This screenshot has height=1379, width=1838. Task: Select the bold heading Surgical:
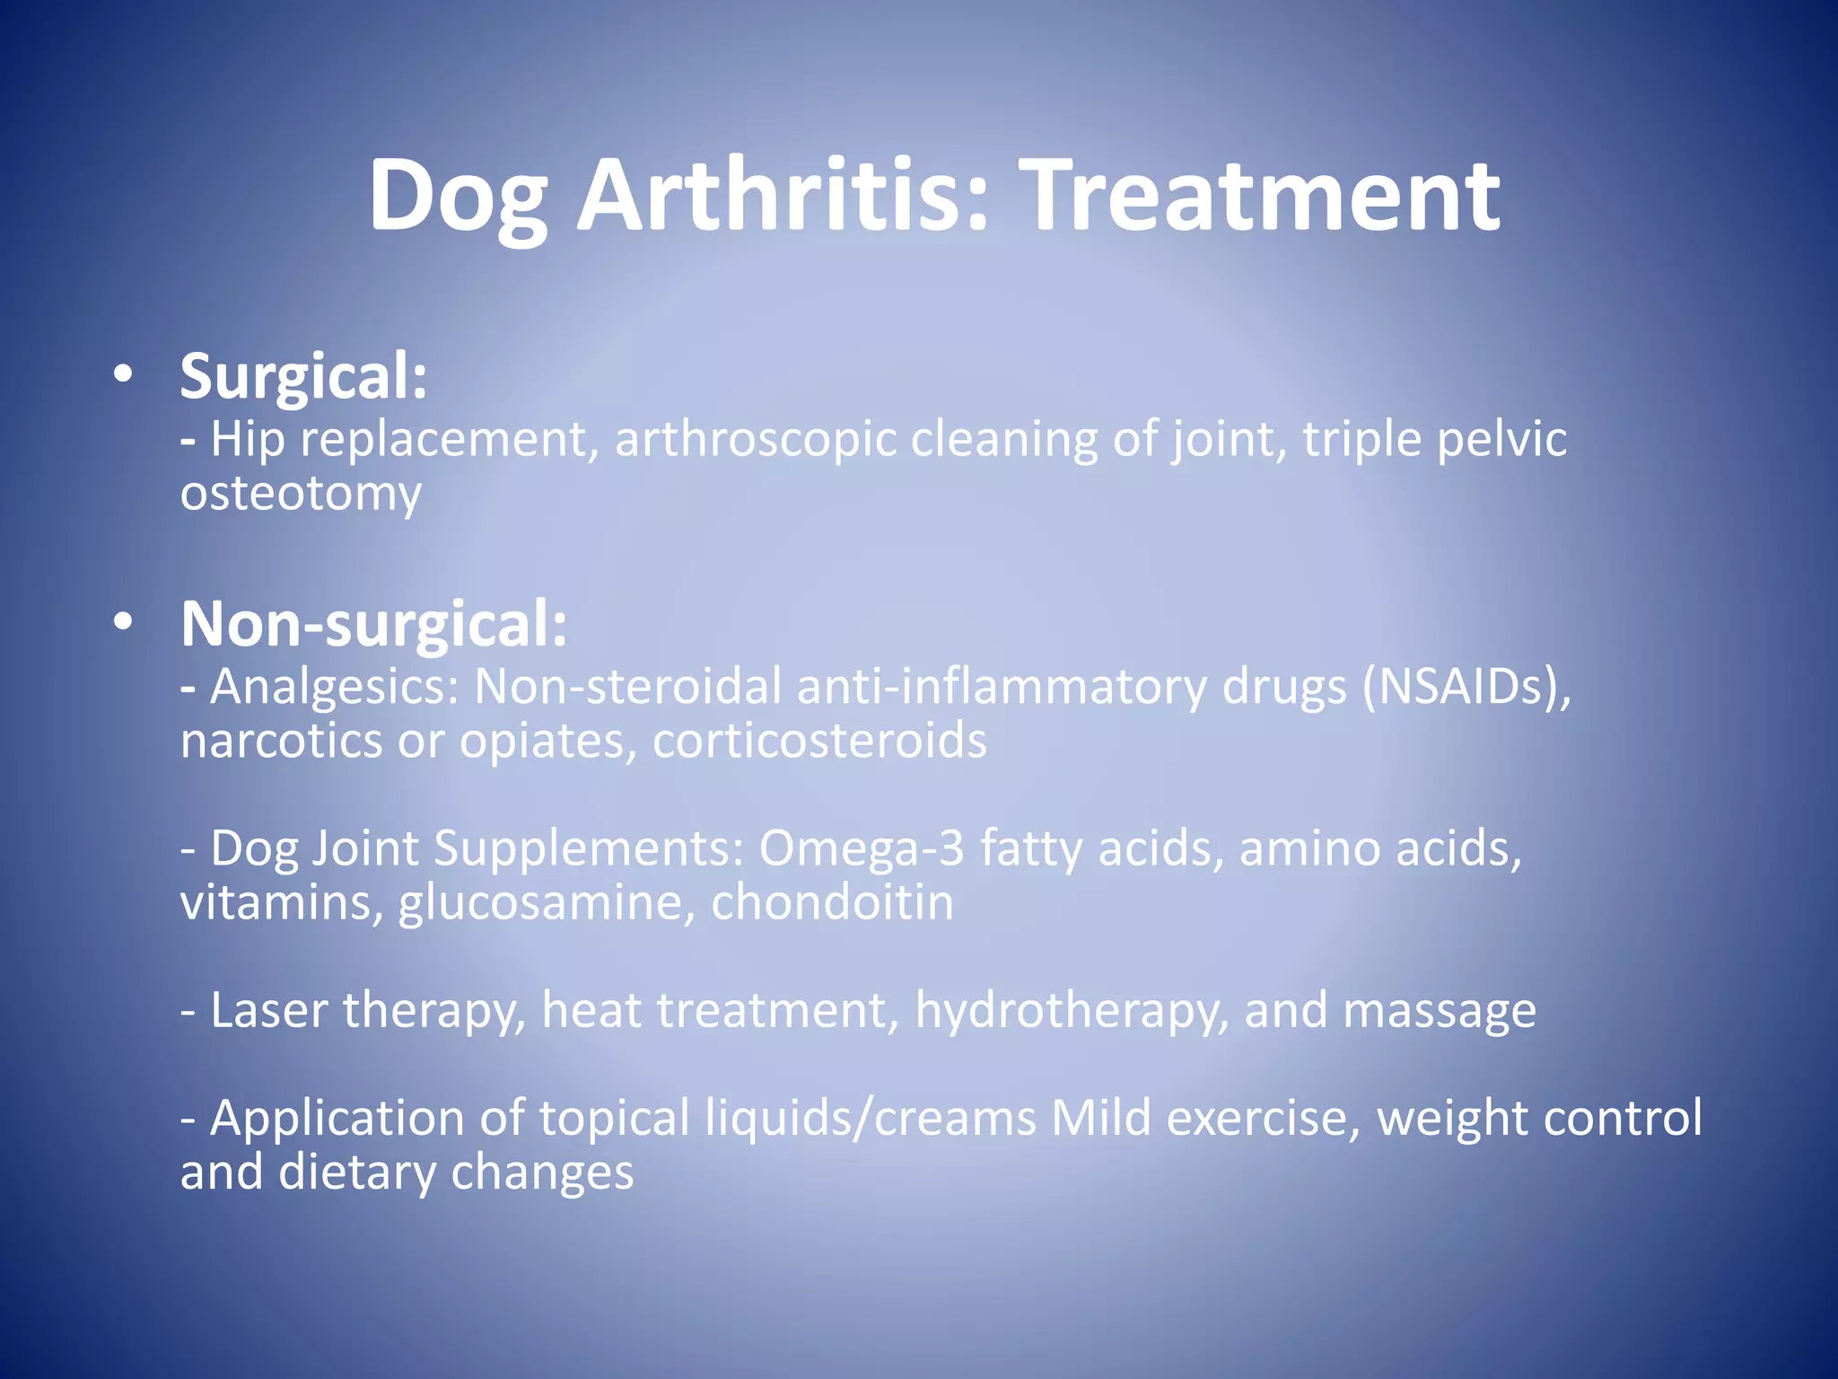tap(303, 377)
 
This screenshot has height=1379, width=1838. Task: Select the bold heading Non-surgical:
tap(374, 624)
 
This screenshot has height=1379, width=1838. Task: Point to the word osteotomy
tap(301, 494)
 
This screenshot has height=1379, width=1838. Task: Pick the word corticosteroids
tap(819, 742)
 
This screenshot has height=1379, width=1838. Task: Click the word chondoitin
tap(832, 903)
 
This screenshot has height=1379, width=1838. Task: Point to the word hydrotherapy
tap(1072, 1011)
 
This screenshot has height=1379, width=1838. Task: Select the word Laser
tap(269, 1011)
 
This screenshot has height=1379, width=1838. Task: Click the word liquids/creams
tap(871, 1119)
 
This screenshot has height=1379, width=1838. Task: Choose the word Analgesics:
tap(335, 687)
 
